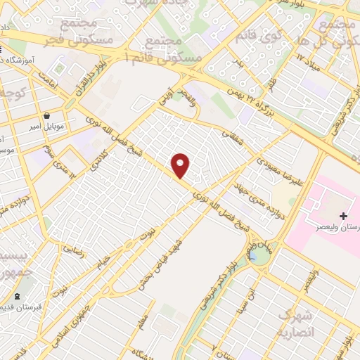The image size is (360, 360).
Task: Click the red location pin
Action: coord(181,165)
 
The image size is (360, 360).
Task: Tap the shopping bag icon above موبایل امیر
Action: coord(46,116)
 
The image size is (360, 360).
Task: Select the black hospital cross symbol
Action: coord(343,215)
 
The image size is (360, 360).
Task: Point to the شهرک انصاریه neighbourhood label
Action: coord(295,323)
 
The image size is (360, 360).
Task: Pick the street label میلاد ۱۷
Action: coord(309,69)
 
